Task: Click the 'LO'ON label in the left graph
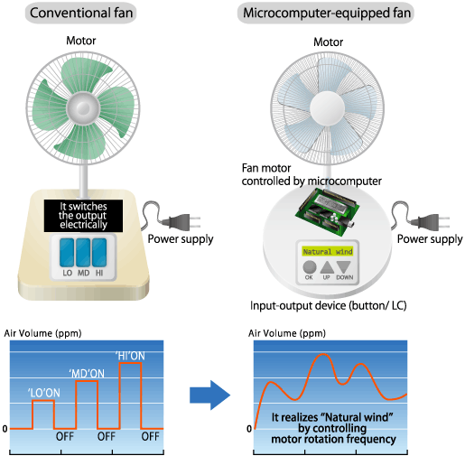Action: [44, 391]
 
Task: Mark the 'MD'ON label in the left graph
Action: [86, 371]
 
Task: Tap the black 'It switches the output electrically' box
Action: [83, 212]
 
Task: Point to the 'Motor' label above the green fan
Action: [84, 41]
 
